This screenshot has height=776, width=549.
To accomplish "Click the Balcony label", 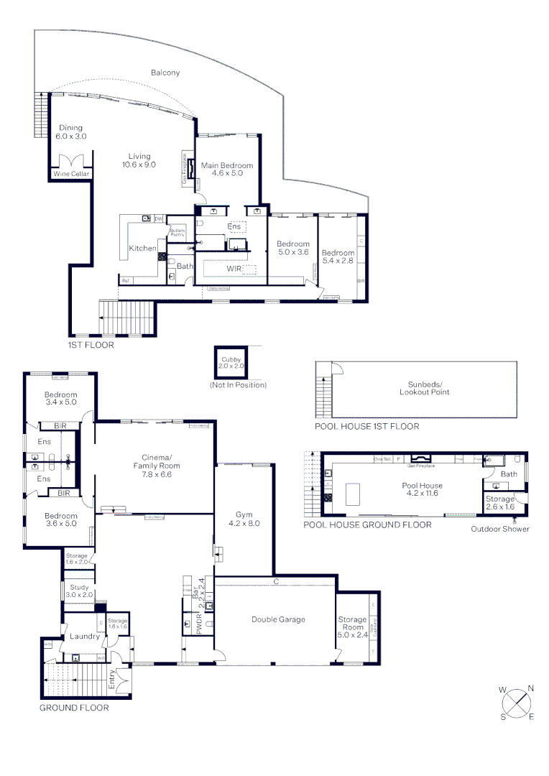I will (165, 73).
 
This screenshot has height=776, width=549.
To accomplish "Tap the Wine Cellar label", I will (70, 174).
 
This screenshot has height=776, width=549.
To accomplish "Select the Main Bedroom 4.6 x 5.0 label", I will (227, 169).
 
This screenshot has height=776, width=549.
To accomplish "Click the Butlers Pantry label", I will (177, 232).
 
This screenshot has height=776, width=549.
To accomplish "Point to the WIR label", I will (234, 269).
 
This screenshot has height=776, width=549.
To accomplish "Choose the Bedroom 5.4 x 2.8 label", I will (338, 257).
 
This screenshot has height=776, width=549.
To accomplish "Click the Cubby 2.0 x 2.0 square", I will (231, 363).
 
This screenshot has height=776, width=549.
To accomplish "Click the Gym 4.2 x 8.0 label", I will (243, 519).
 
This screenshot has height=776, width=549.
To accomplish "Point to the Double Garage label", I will (278, 619).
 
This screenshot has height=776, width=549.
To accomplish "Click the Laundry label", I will (83, 636).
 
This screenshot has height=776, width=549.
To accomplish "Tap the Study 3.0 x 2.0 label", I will (79, 591).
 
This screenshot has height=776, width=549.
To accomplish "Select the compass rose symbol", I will (516, 703).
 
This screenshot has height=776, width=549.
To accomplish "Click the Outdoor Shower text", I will (500, 530).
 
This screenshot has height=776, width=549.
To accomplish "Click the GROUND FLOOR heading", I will (74, 708).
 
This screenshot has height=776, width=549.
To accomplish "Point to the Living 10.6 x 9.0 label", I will (139, 160).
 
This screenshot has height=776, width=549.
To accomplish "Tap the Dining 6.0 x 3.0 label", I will (71, 131).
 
